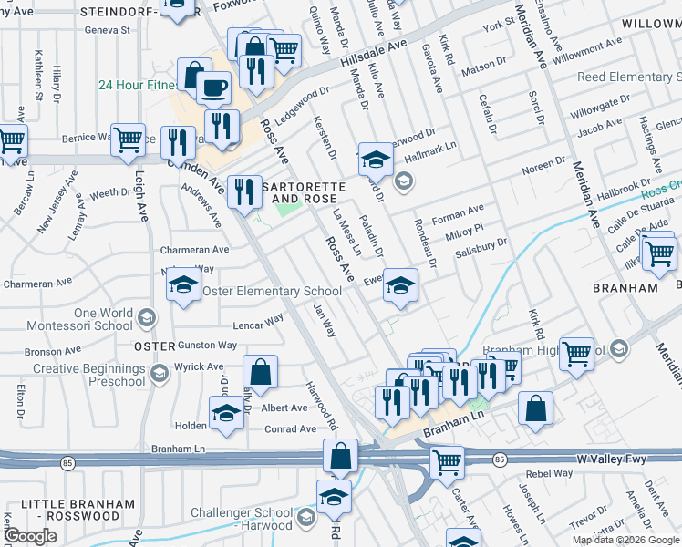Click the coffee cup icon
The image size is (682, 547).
pyautogui.click(x=213, y=88)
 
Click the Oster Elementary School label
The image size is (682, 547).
pyautogui.click(x=271, y=292)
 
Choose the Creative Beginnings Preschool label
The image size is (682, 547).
pyautogui.click(x=89, y=374)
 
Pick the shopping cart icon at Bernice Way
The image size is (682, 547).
pyautogui.click(x=128, y=139)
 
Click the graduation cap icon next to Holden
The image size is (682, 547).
pyautogui.click(x=226, y=413)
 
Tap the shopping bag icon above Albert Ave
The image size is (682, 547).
pyautogui.click(x=260, y=371)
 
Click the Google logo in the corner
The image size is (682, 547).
pyautogui.click(x=30, y=536)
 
